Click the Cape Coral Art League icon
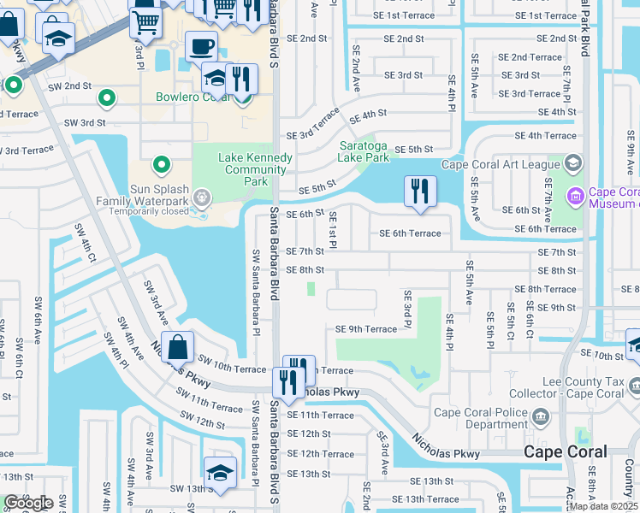(x=572, y=163)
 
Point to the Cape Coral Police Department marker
(x=540, y=416)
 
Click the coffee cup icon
(x=201, y=46)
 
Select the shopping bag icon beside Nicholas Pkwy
(x=176, y=347)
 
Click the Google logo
(x=27, y=503)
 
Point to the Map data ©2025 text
(x=602, y=506)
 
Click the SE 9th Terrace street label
(x=365, y=329)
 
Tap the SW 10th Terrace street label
(x=232, y=368)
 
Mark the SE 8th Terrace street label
(x=547, y=289)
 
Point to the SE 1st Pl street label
(x=333, y=231)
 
